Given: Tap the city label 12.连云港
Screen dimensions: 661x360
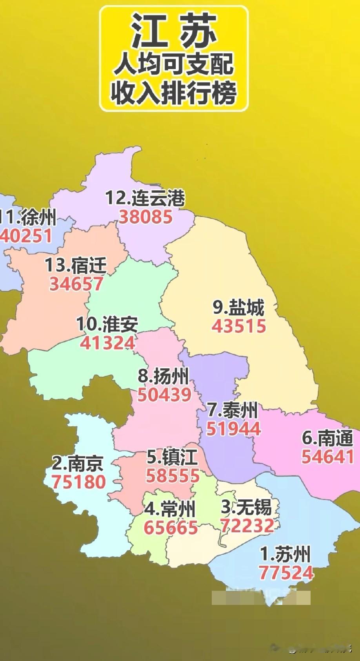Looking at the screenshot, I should pos(145,198).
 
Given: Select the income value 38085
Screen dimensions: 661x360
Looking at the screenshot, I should pos(146,217).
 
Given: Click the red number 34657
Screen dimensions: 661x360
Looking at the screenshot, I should pos(76,284).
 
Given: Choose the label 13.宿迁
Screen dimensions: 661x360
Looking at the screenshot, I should pos(76,265).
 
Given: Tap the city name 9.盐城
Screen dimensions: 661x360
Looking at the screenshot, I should pos(238,308).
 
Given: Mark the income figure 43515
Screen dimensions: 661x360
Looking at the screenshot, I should pos(239,326).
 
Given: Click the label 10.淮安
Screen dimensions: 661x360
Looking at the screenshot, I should pos(107,324).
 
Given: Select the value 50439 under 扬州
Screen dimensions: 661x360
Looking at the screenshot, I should pos(164,395).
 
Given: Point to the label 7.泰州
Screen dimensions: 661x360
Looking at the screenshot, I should pos(233,410).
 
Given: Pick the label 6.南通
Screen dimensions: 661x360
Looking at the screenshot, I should pos(327,438).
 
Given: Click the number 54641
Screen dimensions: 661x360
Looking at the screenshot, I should pos(327,457).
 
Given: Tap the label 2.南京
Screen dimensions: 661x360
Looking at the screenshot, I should pos(78,463).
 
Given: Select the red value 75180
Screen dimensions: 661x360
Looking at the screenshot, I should pos(79,482).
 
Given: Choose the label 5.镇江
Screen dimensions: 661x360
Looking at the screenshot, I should pos(172,457).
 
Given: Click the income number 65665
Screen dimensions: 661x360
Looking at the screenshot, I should pos(171,528).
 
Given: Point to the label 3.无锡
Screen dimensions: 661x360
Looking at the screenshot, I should pos(246,507).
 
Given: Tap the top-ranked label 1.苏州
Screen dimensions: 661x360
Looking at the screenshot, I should pos(285,554).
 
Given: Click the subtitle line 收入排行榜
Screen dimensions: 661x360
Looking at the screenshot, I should pos(174,94).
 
